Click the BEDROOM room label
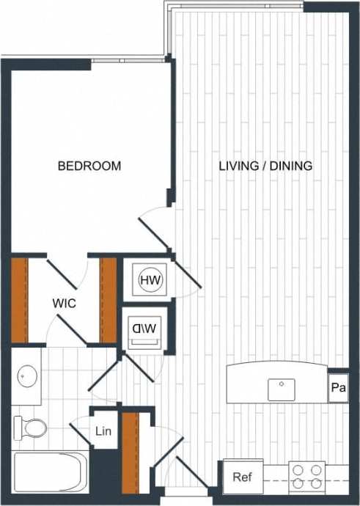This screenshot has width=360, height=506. pos(89,166)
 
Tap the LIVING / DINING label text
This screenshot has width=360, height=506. pos(265,166)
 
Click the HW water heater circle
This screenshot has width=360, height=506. pos(150,279)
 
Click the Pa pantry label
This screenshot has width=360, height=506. pos(338,388)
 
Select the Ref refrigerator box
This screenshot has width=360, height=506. pos(242,477)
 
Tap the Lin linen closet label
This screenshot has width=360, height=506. pos(103,431)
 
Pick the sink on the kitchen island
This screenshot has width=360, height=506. pos(281,389)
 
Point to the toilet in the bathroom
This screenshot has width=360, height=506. pos(30,428)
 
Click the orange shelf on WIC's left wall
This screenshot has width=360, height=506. pos(19,300)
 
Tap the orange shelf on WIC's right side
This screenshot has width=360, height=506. pos(109,300)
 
